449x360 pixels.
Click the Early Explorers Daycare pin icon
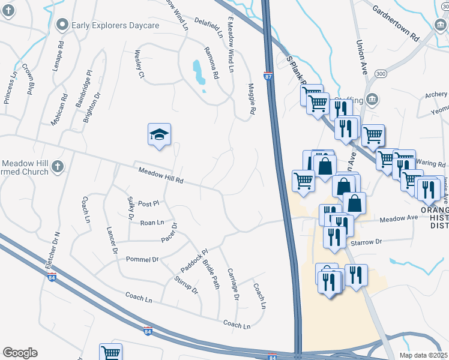61,25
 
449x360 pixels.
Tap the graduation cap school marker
160,134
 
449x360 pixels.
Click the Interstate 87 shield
268,77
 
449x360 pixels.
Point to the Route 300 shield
381,73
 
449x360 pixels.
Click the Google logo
20,353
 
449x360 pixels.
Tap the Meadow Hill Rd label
160,176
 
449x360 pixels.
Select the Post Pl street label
148,204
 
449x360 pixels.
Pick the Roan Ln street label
151,223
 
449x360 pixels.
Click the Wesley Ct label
139,65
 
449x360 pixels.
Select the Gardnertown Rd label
395,23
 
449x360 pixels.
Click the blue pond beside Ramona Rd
198,72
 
